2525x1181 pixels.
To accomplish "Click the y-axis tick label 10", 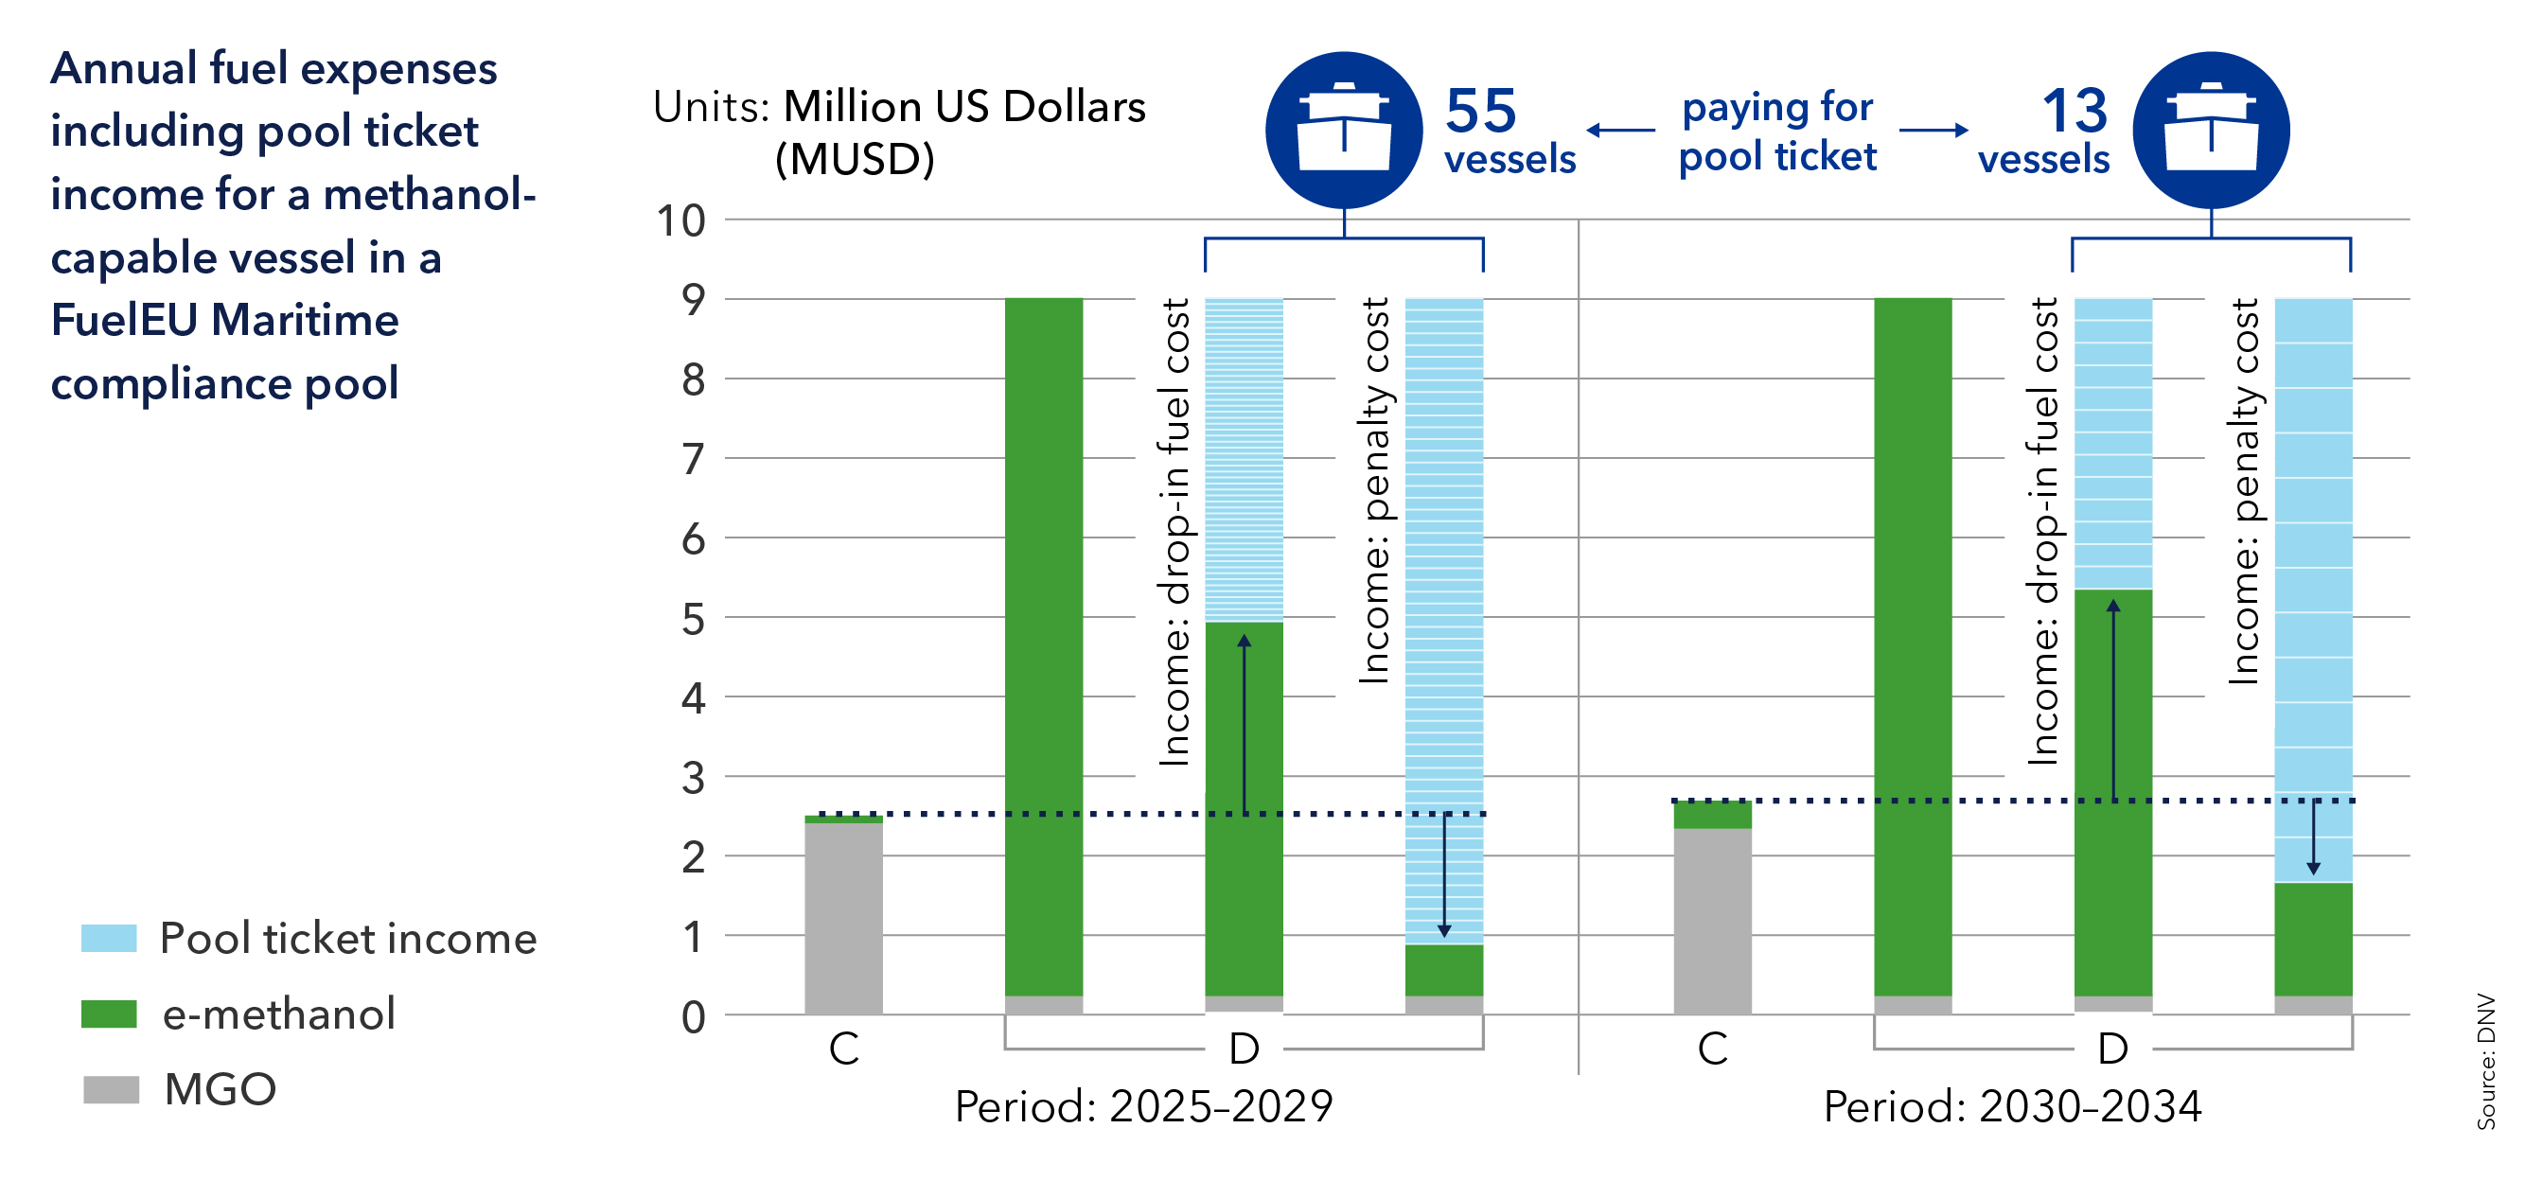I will coord(680,221).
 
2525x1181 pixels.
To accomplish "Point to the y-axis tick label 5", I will coord(693,620).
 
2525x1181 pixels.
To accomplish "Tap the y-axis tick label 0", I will coord(693,1017).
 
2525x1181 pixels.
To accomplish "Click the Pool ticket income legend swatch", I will coord(109,938).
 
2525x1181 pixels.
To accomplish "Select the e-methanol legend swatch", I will coord(109,1014).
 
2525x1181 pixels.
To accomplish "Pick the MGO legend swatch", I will coord(111,1089).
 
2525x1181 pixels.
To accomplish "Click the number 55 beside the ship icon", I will coord(1480,111).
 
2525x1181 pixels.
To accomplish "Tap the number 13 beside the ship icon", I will coord(2075,111).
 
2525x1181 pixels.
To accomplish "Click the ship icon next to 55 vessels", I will coord(1343,131).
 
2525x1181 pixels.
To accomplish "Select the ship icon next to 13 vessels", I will coord(2211,131).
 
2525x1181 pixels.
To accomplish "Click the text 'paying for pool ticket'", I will coord(1777,132).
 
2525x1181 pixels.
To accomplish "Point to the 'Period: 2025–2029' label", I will coord(1144,1106).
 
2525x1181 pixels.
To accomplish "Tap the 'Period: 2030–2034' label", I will coord(2012,1106).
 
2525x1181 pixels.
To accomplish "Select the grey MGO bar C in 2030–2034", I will coord(1712,921).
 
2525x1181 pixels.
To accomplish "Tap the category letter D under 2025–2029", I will coord(1244,1049).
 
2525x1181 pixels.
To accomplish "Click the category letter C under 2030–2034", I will coord(1712,1049).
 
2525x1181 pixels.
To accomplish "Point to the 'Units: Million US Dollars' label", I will coord(899,107).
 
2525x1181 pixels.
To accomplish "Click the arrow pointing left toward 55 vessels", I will coord(1620,131).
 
